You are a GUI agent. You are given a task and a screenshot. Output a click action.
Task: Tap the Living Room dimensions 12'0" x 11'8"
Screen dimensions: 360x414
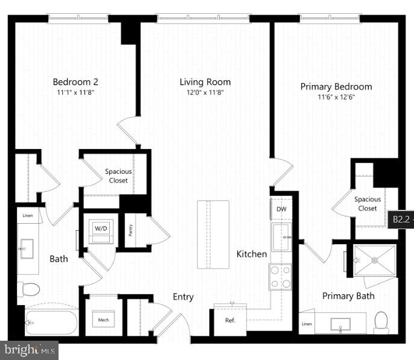(x=205, y=92)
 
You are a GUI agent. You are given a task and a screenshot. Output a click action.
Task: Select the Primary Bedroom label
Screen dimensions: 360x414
(x=336, y=86)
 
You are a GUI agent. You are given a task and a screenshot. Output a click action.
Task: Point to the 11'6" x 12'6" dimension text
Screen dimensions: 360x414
(x=336, y=96)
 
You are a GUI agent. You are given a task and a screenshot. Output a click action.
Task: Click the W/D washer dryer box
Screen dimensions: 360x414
(x=100, y=230)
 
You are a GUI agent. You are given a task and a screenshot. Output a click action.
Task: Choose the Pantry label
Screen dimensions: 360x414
(x=130, y=230)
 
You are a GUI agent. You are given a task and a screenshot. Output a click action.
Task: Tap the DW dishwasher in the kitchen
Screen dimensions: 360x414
(x=281, y=209)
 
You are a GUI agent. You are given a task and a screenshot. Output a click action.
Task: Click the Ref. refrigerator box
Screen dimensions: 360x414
(x=230, y=320)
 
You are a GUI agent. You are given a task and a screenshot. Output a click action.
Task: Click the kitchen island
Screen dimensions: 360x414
(x=213, y=234)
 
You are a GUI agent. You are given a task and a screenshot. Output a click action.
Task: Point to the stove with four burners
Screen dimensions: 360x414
(x=280, y=277)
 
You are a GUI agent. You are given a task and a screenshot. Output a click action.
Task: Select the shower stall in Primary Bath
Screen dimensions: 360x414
(x=375, y=261)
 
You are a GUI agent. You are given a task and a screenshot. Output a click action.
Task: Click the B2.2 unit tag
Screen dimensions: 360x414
(x=401, y=219)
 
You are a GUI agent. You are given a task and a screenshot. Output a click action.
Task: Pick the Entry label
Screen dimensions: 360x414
(x=183, y=297)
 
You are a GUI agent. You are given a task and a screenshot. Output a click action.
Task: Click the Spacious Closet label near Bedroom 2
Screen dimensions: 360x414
(x=118, y=175)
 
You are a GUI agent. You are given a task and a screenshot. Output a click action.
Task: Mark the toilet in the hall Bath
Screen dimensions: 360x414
(x=28, y=289)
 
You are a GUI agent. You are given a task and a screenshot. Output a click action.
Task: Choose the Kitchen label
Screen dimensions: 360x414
(x=251, y=254)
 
